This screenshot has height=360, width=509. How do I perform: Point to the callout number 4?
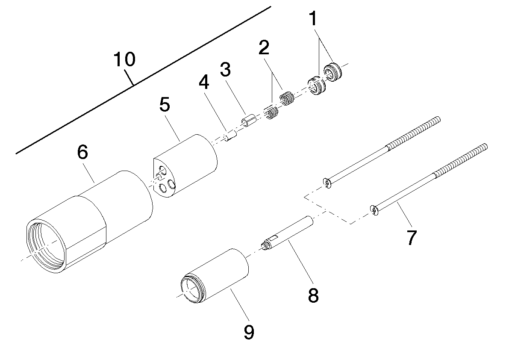coord(204,82)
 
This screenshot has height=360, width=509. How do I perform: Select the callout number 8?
coord(313,295)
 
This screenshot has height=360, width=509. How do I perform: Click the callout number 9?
coord(249,331)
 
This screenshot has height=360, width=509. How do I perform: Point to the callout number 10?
coord(124,59)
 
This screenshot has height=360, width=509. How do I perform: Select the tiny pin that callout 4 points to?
coord(230,138)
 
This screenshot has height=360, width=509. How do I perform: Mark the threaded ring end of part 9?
coord(193,290)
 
